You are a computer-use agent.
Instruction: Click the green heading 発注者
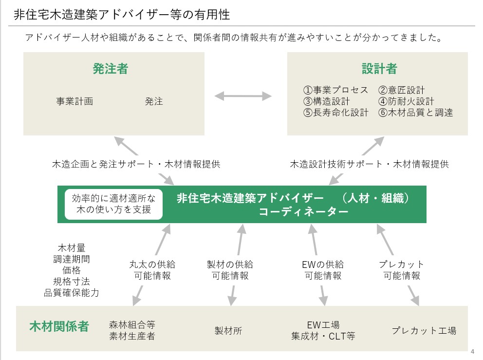[x=110, y=69]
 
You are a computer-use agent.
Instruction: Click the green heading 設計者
[x=379, y=69]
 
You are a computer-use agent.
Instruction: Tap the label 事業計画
[x=74, y=101]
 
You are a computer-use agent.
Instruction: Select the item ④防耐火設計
[x=406, y=101]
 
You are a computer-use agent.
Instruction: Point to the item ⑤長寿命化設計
[x=336, y=113]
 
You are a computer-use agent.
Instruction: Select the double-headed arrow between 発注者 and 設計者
[x=243, y=96]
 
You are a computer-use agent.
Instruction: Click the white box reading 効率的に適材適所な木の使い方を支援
[x=113, y=204]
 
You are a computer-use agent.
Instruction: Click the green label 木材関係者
[x=59, y=326]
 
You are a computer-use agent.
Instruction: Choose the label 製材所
[x=228, y=331]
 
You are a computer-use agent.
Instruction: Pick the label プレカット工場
[x=424, y=331]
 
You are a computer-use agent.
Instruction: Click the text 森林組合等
[x=132, y=325]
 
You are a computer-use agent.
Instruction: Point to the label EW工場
[x=323, y=325]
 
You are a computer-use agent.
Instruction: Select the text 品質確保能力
[x=71, y=293]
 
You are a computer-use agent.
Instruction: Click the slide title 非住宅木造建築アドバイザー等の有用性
[x=122, y=14]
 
